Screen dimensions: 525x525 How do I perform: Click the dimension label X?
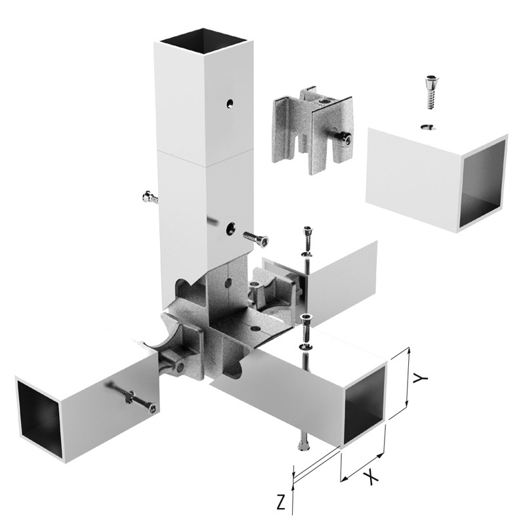coord(371,477)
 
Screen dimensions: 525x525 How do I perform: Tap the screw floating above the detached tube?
coord(431,93)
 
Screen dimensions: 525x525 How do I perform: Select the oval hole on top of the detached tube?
coord(429,127)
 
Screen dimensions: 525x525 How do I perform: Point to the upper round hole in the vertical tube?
coord(230,104)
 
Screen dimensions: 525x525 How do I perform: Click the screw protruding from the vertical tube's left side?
coord(150,198)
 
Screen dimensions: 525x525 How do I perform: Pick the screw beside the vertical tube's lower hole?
coord(256,238)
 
